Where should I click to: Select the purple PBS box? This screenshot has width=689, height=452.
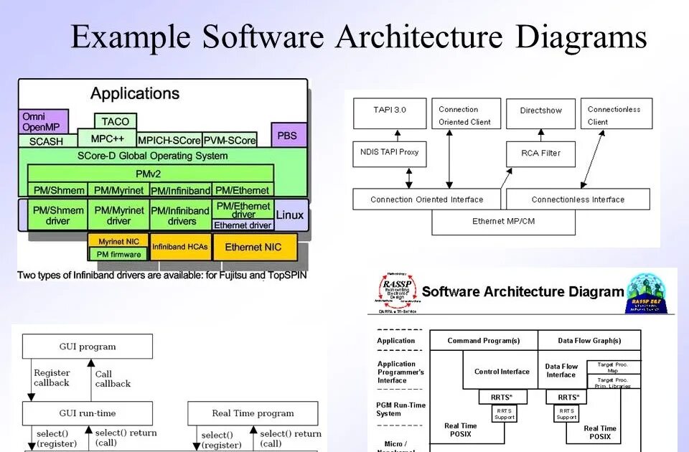point(289,135)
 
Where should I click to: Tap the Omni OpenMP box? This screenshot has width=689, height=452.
point(43,122)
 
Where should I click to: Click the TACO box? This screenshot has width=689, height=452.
point(116,121)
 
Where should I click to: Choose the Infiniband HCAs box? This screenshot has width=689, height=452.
point(179,248)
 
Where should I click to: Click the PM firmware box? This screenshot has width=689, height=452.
point(119,255)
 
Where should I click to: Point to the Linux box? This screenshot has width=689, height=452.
point(290,215)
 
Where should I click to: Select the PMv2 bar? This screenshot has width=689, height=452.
point(151,174)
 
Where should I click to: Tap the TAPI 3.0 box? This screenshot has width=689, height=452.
point(390,110)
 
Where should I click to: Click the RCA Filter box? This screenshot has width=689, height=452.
point(541,153)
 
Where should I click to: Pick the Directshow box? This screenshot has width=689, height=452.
point(540,111)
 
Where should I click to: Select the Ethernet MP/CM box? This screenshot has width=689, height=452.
point(503,222)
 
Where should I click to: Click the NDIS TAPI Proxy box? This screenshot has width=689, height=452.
point(390,152)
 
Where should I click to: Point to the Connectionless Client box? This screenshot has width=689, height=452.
point(616,115)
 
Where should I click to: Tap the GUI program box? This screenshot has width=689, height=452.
point(88,347)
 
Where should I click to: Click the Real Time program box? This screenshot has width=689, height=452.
point(253,413)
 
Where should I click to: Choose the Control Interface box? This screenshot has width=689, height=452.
point(502,372)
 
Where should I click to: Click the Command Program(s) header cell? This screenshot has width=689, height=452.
point(483,341)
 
